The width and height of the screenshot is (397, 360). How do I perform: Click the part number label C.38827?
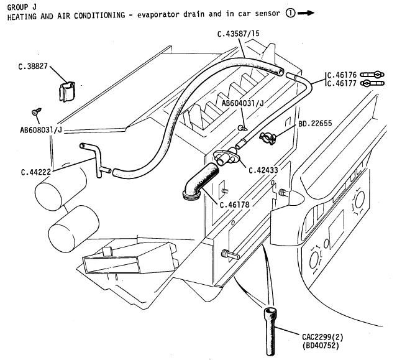[32, 65]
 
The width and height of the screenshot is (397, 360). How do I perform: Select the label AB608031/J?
[39, 131]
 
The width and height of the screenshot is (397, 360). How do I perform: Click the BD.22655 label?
[315, 124]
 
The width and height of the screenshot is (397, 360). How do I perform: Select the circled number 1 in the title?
[290, 15]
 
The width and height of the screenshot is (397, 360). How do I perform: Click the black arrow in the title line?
[306, 15]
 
